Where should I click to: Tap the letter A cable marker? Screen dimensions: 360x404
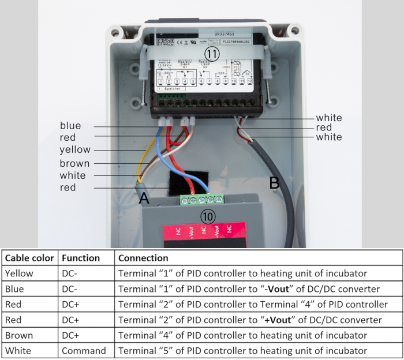(x=144, y=198)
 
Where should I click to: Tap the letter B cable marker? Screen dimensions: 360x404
(x=275, y=183)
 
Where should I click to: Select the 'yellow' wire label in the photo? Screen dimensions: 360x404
(x=75, y=150)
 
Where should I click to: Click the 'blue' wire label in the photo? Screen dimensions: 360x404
(x=70, y=126)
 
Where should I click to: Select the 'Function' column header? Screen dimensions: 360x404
(x=81, y=258)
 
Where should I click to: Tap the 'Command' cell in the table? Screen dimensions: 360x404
(x=84, y=350)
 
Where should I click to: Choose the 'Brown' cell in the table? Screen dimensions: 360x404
(x=18, y=335)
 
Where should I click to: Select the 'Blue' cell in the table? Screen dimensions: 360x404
(x=14, y=288)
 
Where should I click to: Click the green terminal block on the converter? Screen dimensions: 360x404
(x=201, y=199)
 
